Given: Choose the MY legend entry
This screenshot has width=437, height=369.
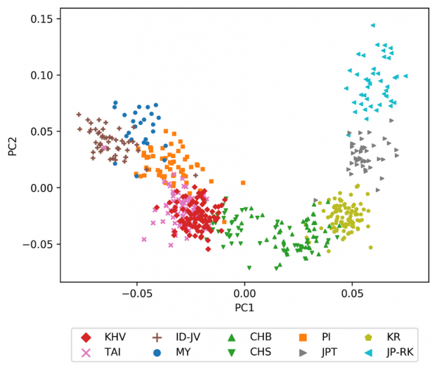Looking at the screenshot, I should pos(176,353).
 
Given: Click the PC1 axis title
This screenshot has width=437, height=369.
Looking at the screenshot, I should pos(244,307).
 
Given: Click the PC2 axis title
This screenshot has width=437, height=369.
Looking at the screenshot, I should pos(13,145).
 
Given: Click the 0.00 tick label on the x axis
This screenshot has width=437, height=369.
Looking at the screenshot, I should pos(244,292).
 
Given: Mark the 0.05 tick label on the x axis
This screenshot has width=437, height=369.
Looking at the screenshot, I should pos(352,292).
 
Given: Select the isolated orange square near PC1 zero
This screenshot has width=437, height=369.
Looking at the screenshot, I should pos(242,183).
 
